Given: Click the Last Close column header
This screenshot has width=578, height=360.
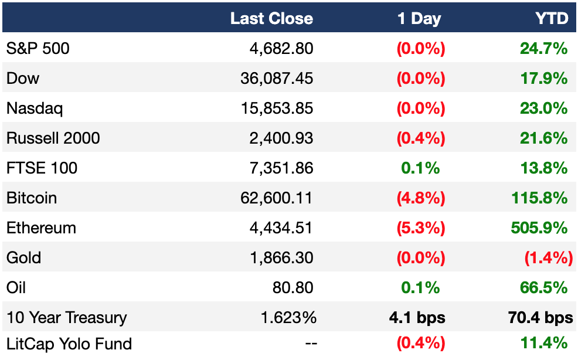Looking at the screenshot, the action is (271, 18).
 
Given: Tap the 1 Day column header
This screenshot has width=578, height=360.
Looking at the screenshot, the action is (419, 18).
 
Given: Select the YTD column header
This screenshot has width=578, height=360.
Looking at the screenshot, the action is (552, 18).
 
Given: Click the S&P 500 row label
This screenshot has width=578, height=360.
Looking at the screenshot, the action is (38, 48).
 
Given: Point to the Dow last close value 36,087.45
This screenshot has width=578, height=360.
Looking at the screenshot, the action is (277, 79).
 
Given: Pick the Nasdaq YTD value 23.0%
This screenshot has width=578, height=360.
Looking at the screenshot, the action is (544, 108).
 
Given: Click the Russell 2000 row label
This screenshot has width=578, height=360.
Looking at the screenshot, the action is (53, 138).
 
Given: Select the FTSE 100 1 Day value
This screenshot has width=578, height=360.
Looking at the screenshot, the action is (420, 168).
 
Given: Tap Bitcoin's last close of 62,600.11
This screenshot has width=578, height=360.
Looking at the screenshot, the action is (277, 198).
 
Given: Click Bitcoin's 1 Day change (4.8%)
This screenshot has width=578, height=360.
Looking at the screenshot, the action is (421, 198).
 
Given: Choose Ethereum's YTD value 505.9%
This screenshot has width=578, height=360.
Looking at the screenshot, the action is (539, 228).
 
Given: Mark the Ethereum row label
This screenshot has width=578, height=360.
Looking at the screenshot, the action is (41, 228).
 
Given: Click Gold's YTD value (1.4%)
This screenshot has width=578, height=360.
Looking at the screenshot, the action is (549, 258).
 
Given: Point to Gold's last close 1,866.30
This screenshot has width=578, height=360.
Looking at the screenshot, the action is (281, 258).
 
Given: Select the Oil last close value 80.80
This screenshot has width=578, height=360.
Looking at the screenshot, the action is (293, 288).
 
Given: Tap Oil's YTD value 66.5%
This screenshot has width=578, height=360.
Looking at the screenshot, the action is (544, 288).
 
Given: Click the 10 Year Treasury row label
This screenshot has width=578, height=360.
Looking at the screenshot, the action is (67, 318).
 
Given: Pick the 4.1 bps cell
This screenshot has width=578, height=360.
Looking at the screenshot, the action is (417, 318).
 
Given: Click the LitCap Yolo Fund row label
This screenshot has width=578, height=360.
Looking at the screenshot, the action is (69, 344).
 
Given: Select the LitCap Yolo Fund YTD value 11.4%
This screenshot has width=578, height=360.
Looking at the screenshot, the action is (544, 343).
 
